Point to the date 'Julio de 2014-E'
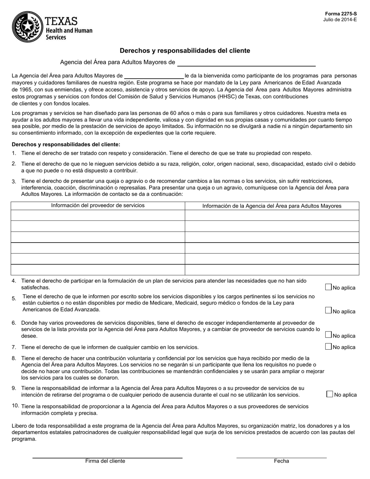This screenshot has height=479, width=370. coord(340,19)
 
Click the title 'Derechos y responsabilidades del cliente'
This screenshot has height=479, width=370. coord(185,51)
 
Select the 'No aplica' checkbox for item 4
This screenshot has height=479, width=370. coord(328,287)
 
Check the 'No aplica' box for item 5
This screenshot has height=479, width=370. coord(328,310)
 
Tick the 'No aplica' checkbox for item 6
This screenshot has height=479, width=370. coord(328,335)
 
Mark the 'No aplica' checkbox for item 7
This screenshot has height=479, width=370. coord(328,346)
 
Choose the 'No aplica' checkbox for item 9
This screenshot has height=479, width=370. coord(329,394)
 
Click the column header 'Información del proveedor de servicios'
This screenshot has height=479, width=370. coord(98,206)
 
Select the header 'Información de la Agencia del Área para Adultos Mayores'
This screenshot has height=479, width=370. coord(272,206)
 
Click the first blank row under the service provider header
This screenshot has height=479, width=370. coord(98,215)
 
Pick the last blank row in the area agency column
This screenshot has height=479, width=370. coord(272,269)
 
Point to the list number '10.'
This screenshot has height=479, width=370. coord(16,406)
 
